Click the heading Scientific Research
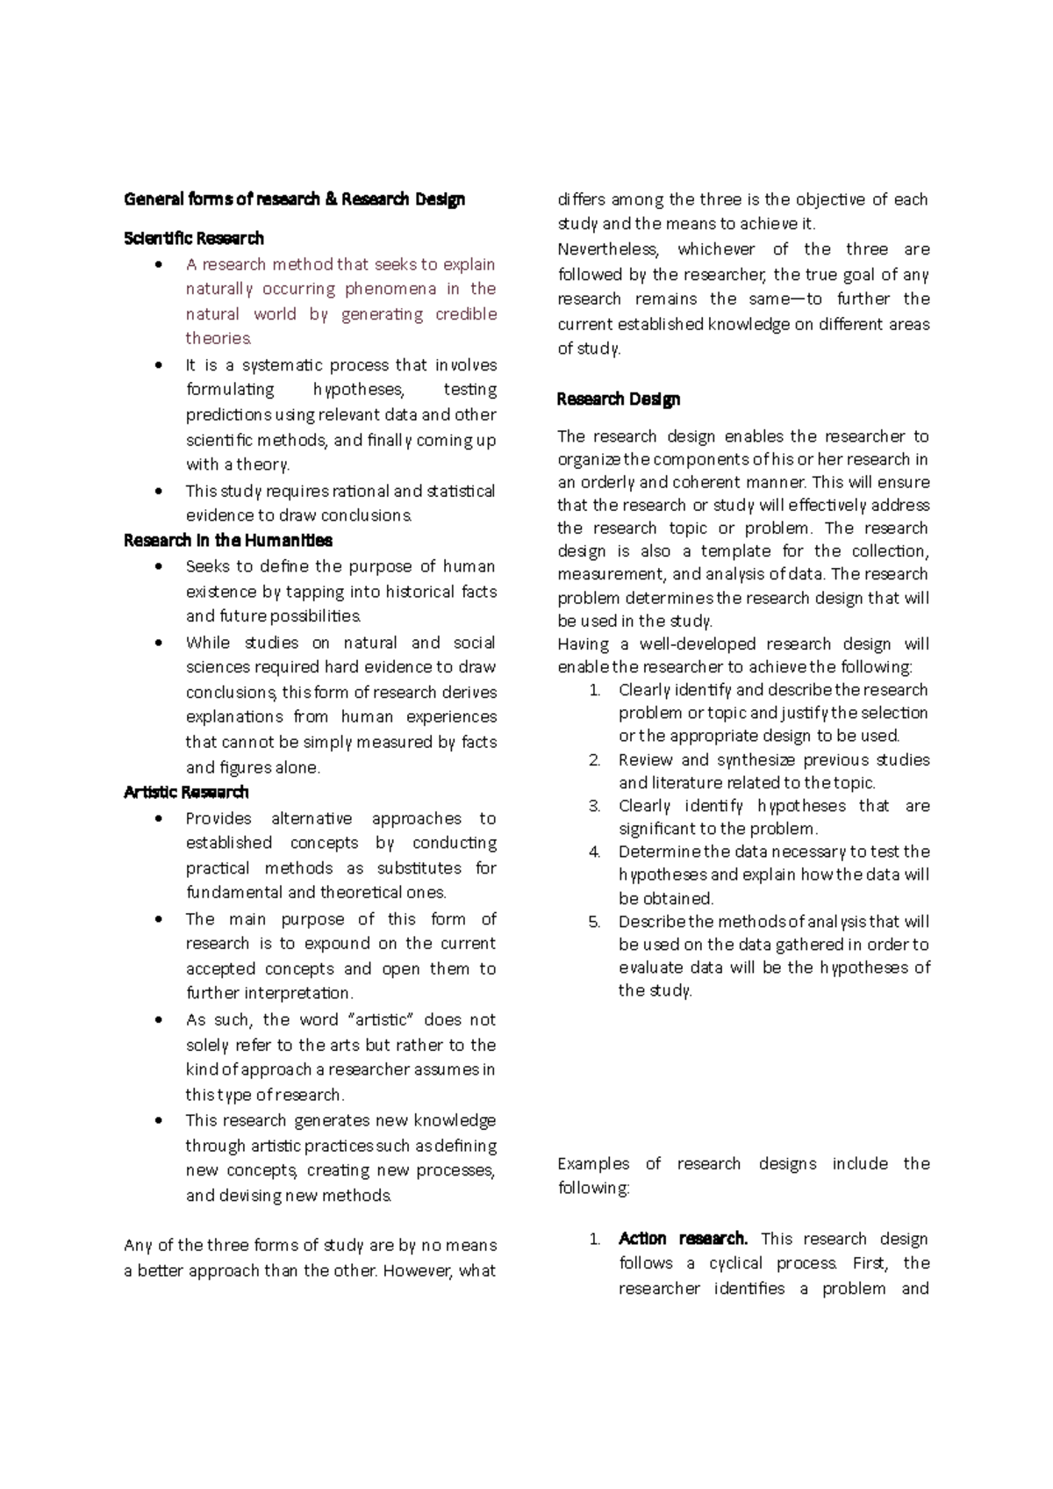[194, 239]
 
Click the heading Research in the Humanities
[228, 541]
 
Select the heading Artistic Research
[186, 793]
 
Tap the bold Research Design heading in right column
[619, 399]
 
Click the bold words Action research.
[683, 1239]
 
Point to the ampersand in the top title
[330, 199]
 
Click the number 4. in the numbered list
[595, 852]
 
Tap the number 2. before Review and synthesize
[595, 760]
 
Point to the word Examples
[593, 1164]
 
